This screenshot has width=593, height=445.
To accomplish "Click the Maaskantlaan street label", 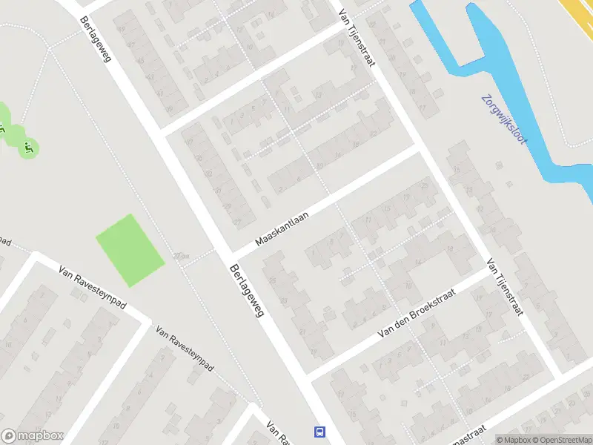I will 282,227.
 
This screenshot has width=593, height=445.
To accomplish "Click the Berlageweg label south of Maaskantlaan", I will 248,291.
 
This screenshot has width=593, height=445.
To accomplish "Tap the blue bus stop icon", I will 319,431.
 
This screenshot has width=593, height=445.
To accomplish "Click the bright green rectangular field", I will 130,250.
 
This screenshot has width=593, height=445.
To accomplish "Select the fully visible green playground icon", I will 28,148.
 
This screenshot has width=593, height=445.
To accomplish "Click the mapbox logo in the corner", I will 33,436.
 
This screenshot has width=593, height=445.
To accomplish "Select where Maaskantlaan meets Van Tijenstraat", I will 420,148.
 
